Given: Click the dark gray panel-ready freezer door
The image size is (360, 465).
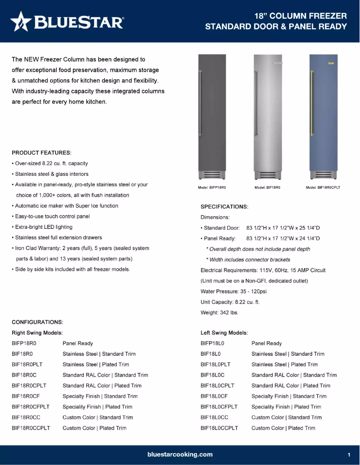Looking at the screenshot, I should pyautogui.click(x=212, y=112).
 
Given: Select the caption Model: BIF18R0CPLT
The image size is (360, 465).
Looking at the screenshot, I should pyautogui.click(x=323, y=187).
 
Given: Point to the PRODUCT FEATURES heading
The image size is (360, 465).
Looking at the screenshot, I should pyautogui.click(x=42, y=152).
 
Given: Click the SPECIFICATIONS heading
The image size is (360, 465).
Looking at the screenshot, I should pyautogui.click(x=224, y=207).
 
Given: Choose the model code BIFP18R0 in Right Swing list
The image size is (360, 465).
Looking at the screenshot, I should pyautogui.click(x=24, y=343).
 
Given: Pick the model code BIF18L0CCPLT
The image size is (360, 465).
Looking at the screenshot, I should pyautogui.click(x=219, y=428).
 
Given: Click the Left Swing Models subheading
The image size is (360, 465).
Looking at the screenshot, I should pyautogui.click(x=224, y=333).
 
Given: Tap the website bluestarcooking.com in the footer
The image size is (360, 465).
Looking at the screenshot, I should pyautogui.click(x=180, y=454).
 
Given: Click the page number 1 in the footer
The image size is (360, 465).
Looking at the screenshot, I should pyautogui.click(x=349, y=455).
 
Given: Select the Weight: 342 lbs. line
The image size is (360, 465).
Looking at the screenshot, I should pyautogui.click(x=219, y=313).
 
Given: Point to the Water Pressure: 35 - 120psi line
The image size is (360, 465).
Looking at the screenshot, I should pyautogui.click(x=231, y=291).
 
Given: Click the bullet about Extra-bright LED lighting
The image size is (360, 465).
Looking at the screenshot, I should pyautogui.click(x=44, y=227).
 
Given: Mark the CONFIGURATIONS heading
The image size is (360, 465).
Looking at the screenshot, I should pyautogui.click(x=37, y=322).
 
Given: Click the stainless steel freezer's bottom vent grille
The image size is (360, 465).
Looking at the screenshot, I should pyautogui.click(x=268, y=175).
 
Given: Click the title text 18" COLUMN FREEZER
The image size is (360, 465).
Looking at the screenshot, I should pyautogui.click(x=300, y=16).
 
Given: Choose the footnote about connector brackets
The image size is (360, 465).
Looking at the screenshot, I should pyautogui.click(x=248, y=260).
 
